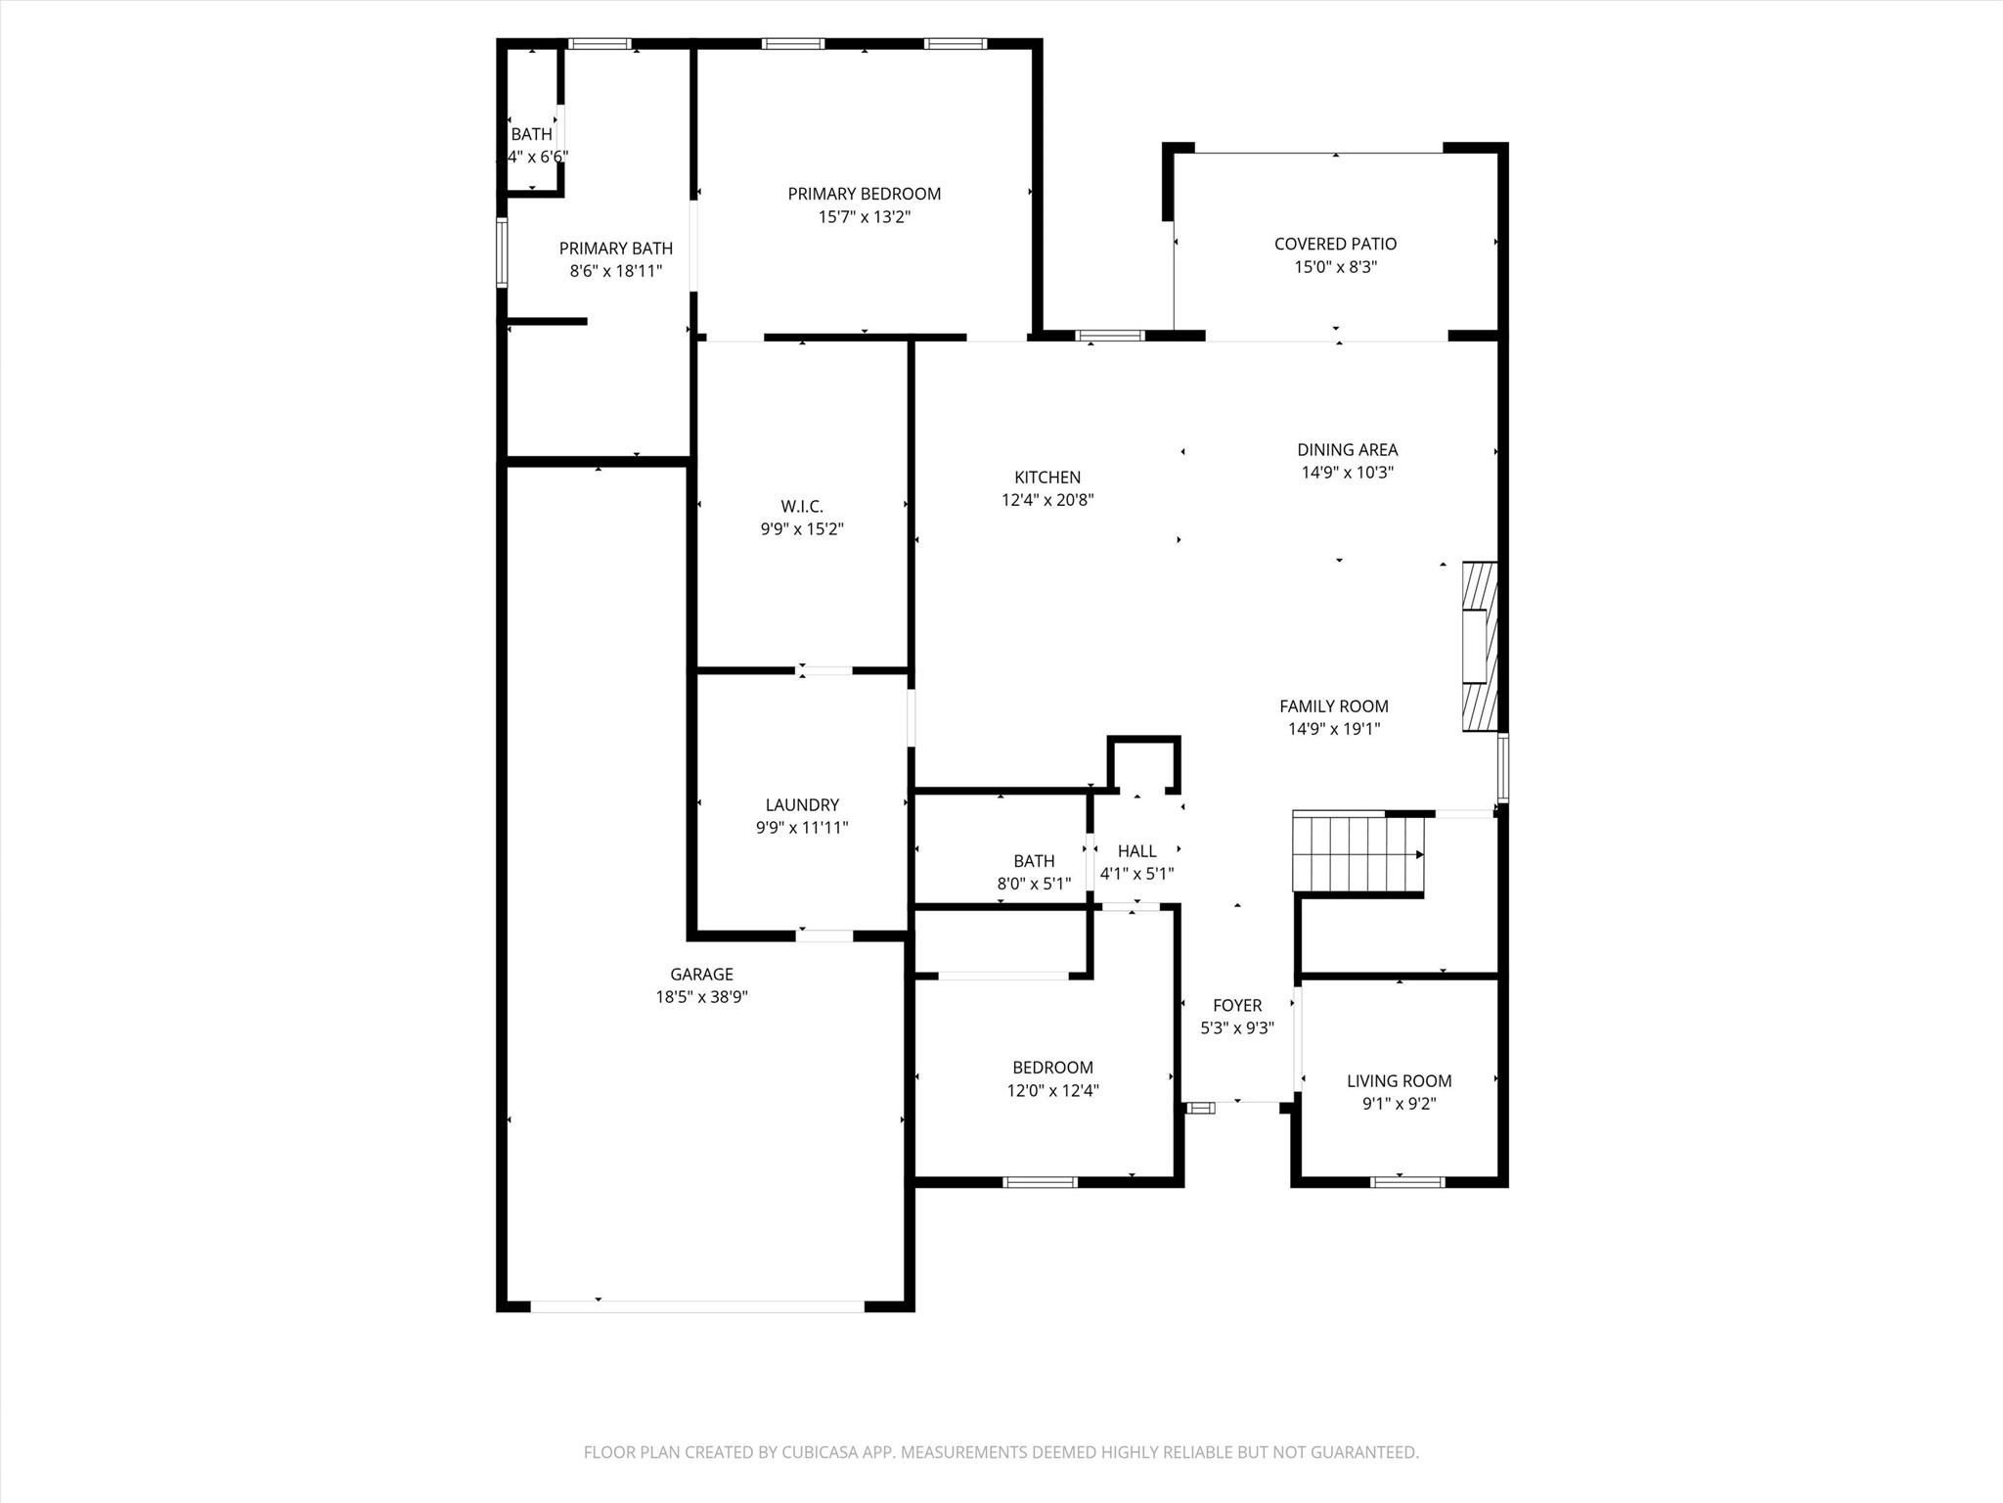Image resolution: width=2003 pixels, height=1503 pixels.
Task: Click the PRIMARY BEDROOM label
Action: (864, 194)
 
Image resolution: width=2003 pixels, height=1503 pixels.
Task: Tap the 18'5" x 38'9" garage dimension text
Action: (701, 997)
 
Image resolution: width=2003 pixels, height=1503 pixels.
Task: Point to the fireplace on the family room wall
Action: (1479, 646)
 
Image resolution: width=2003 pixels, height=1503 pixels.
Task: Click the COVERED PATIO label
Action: (1335, 244)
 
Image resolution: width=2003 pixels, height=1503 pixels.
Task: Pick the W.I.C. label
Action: (801, 506)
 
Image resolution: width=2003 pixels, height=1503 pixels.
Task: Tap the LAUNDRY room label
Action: (801, 804)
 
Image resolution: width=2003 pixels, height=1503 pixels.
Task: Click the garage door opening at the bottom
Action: (696, 1306)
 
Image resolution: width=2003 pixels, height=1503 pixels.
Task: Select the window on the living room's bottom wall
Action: (1407, 1182)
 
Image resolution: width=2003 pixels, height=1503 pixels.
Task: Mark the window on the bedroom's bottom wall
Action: (1040, 1182)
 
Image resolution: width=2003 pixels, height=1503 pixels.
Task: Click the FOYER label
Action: (1237, 1005)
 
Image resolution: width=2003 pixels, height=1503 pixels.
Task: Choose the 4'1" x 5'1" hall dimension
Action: (1136, 874)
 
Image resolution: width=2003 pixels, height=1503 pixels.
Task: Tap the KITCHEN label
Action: (1046, 478)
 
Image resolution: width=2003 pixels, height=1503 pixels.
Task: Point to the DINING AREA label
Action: (1347, 450)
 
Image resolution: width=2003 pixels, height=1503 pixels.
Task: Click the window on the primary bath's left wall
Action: (502, 252)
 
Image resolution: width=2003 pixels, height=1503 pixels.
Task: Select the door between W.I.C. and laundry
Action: (823, 671)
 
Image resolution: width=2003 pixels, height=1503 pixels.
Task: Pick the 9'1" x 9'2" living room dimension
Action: (1399, 1104)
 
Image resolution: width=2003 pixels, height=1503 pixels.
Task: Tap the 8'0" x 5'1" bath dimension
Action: (1034, 884)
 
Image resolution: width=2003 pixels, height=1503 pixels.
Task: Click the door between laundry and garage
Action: (823, 936)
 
